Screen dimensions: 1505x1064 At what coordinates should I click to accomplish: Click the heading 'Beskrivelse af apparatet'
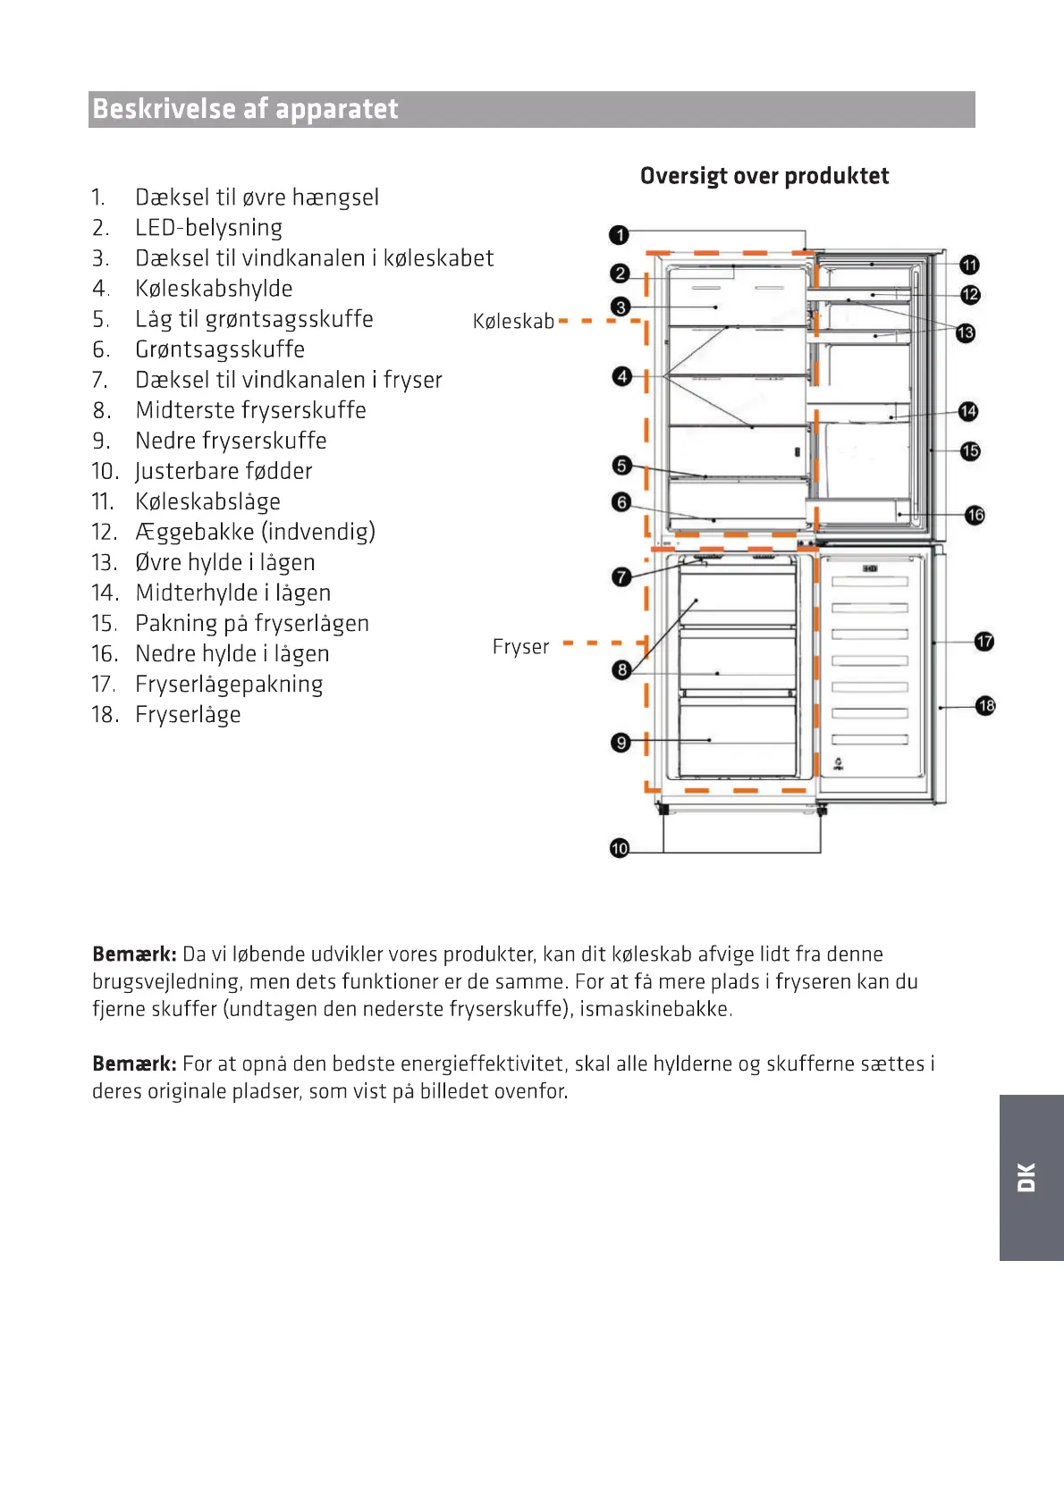tap(246, 109)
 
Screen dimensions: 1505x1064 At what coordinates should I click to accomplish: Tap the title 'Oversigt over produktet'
tap(764, 176)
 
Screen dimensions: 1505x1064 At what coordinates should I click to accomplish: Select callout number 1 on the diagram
tap(619, 235)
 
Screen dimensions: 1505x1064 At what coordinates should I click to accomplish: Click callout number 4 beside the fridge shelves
tap(622, 376)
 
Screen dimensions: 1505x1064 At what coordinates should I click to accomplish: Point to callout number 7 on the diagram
tap(621, 577)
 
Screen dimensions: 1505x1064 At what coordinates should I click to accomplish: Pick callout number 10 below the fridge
tap(620, 848)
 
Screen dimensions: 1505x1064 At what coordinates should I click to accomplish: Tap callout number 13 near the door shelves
tap(966, 333)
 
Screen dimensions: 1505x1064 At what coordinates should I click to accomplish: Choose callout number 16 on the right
tap(975, 515)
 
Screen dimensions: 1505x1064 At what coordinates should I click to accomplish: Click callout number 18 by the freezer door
tap(985, 706)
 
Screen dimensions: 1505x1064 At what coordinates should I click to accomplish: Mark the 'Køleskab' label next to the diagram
tap(513, 322)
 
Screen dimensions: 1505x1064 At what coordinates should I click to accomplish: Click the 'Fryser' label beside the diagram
tap(520, 646)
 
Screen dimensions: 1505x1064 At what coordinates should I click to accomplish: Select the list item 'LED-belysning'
tap(208, 228)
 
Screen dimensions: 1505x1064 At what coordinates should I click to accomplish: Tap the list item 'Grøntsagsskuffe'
tap(220, 349)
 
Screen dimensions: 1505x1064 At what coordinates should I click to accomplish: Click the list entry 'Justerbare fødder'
tap(224, 471)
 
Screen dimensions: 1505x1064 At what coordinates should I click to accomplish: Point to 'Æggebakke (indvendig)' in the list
tap(255, 532)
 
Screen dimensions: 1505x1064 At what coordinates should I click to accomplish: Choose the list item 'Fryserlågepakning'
tap(229, 684)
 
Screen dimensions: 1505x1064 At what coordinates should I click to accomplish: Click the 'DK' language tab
tap(1027, 1177)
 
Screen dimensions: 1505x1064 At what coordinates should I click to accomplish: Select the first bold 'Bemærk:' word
tap(134, 954)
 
